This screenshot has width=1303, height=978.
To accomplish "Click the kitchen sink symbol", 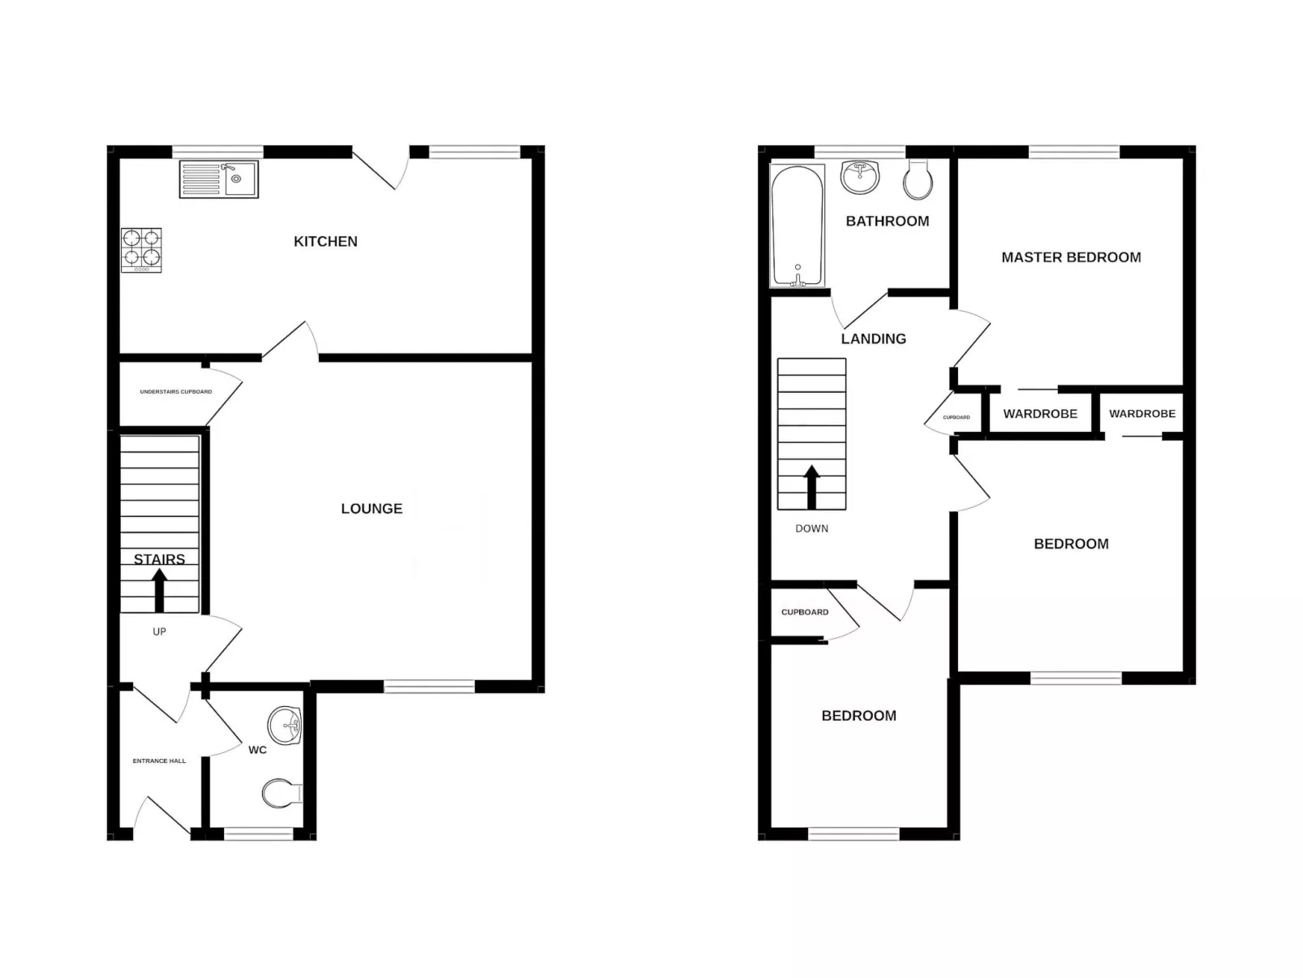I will [218, 179].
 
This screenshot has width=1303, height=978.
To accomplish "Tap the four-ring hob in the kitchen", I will [141, 249].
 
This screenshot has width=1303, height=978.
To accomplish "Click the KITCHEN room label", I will [325, 241].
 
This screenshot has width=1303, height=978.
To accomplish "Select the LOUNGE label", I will [372, 508].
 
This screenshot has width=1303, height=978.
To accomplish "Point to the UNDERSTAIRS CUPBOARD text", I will [176, 392].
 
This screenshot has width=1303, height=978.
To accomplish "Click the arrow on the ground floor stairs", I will [159, 589].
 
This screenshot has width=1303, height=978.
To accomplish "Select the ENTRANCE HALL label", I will [159, 760].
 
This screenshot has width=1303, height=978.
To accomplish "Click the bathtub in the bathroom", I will [798, 226].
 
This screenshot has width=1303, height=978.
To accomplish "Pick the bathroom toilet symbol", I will [918, 180].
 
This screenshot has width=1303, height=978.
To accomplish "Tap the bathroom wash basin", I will [860, 176].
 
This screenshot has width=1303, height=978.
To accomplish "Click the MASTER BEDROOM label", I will [1071, 257].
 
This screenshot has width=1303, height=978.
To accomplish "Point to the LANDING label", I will [873, 338].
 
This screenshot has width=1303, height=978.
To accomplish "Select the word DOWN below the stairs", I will [811, 528].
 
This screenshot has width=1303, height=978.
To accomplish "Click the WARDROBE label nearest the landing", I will [1040, 414].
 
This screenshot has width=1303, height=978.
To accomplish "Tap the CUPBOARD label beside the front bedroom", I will [805, 612].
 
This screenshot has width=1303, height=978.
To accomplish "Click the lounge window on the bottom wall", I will [429, 687].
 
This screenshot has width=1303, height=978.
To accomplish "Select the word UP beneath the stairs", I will [159, 631].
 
